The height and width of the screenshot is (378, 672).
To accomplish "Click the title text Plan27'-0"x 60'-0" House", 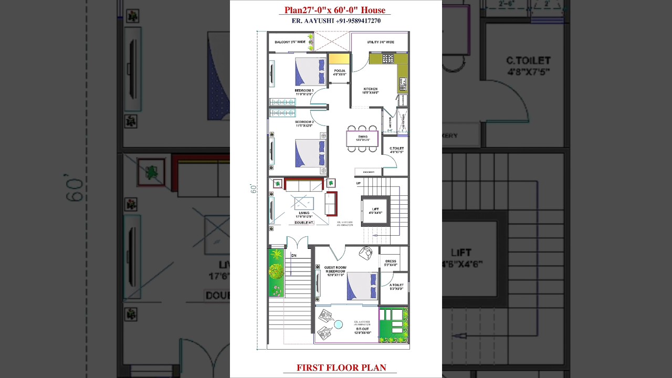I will point(335,10).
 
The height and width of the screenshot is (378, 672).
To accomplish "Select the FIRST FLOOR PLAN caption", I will point(341,367).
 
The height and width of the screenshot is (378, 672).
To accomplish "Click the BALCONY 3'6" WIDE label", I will point(290,42).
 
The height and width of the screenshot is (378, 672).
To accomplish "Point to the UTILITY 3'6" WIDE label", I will point(380,42).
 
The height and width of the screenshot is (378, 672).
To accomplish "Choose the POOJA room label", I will point(340,72).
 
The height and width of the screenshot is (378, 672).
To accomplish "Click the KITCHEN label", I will point(371,90).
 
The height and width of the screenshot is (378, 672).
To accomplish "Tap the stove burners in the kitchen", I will point(388,59).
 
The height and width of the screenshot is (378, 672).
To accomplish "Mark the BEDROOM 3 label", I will point(304,92).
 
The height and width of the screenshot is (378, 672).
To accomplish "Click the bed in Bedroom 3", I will point(310,71).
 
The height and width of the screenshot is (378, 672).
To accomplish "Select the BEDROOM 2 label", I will point(304,123).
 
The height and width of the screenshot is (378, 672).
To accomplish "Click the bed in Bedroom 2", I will point(310,153).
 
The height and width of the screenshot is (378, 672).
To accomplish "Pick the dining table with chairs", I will point(362,139).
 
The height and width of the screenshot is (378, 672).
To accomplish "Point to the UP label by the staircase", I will point(359,183).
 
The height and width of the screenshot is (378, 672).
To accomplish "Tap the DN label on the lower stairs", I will point(293,256).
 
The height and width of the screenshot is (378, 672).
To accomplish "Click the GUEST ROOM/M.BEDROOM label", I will point(335,271).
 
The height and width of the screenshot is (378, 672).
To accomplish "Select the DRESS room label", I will point(391,262).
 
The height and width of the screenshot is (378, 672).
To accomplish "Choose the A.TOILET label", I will point(396,287).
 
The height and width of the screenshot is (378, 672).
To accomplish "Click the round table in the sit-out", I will point(339,325).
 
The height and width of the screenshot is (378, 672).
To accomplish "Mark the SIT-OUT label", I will point(362,331).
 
